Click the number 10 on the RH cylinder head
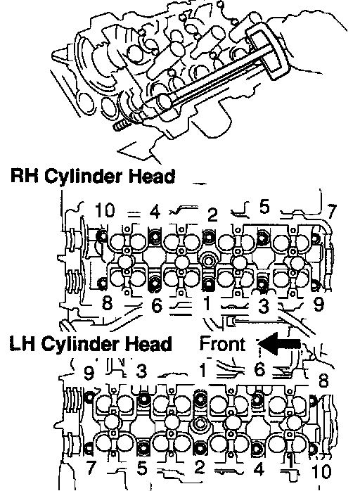coord(105,210)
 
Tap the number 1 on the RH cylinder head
coord(206,303)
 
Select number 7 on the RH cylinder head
coord(331,212)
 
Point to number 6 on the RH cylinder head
coord(157,305)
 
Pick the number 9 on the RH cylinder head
coord(319,304)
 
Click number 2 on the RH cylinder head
coord(212,215)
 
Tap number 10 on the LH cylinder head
coord(321,471)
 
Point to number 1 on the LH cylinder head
coord(203,370)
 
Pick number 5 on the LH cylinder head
coord(142,468)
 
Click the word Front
coord(223,343)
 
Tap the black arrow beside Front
coord(280,343)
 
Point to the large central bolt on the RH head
coord(208,260)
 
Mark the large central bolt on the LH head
coord(199,424)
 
